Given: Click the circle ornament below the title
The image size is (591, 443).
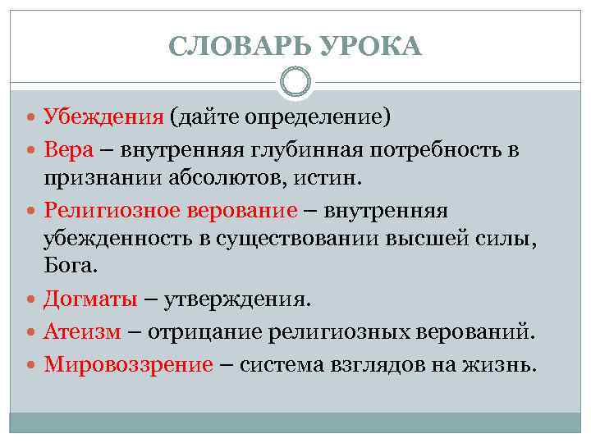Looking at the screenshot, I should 295,80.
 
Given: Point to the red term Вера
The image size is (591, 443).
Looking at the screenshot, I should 68,150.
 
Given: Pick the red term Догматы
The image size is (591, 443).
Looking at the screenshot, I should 91,299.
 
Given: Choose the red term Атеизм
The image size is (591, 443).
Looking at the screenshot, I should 83,331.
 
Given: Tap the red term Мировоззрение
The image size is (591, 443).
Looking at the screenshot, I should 129,363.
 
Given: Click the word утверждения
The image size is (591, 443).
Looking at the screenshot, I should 238,299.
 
